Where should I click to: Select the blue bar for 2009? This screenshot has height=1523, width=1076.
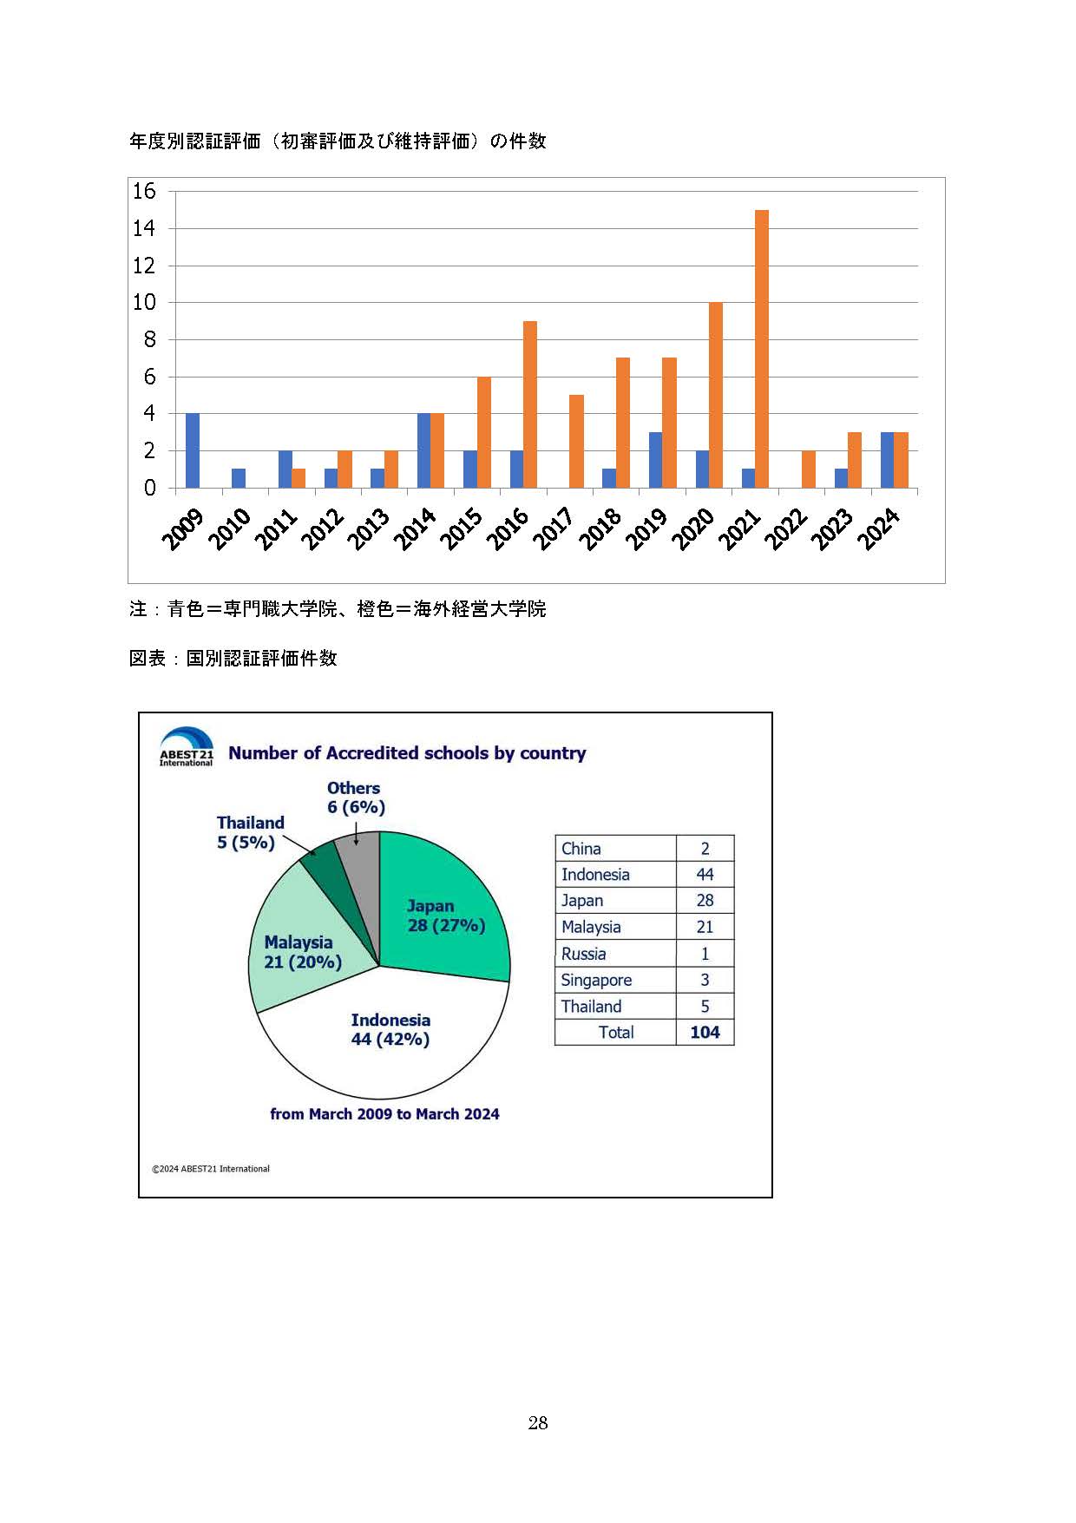[193, 450]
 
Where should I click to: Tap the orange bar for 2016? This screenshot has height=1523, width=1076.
[529, 404]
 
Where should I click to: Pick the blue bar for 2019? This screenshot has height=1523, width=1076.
[656, 460]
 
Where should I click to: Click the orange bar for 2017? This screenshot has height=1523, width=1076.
[576, 441]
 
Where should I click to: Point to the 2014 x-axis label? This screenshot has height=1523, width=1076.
[414, 529]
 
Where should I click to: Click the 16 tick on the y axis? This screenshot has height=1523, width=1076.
[144, 191]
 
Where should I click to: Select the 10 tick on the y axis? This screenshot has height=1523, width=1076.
[144, 302]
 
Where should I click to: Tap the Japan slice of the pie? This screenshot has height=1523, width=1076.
[443, 911]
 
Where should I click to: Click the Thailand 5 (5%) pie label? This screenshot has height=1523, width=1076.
[250, 832]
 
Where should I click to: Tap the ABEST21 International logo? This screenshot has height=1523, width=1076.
[186, 746]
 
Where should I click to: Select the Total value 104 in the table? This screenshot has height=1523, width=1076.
[705, 1032]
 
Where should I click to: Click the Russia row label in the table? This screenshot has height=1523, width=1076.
[583, 954]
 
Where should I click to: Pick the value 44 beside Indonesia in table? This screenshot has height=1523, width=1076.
[705, 874]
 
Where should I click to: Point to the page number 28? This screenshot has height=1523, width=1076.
[537, 1422]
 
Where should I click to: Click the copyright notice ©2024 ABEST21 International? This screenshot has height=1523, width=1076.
[211, 1169]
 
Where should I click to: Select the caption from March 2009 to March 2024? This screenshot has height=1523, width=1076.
[384, 1114]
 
